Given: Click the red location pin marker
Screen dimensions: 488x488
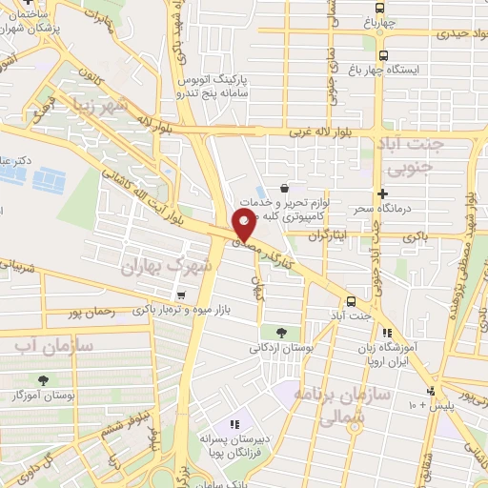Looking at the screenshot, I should pyautogui.click(x=244, y=227).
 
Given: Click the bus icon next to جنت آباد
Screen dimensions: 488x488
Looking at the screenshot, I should pyautogui.click(x=352, y=299).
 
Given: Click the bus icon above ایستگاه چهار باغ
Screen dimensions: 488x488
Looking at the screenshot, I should pyautogui.click(x=383, y=55).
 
